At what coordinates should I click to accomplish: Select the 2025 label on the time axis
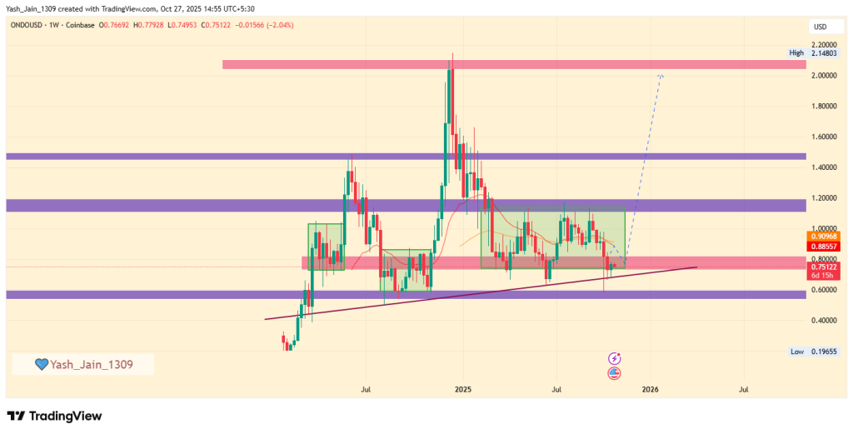463,389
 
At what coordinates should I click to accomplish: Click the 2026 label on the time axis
651,389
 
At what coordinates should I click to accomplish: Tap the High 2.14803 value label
821,53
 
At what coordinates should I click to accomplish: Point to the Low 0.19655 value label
821,352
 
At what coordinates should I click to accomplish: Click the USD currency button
820,27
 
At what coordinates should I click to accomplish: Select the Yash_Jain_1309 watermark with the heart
82,364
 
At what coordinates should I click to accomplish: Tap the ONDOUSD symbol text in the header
28,26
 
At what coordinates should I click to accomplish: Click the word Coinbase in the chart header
79,26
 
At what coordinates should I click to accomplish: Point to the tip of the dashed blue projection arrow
661,75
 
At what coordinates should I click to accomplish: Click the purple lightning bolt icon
615,358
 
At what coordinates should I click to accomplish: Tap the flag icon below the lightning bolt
615,372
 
